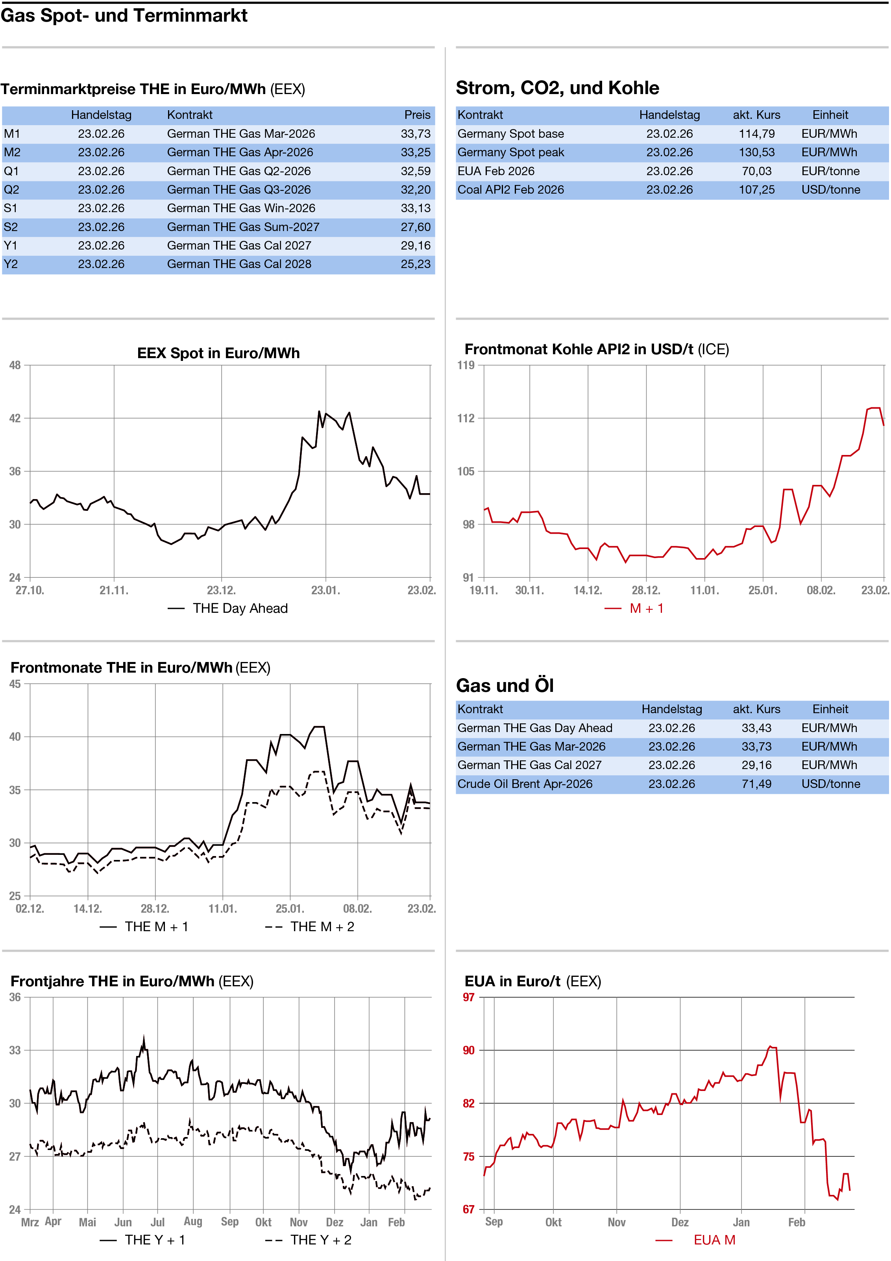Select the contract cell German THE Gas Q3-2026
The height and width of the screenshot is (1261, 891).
pyautogui.click(x=239, y=189)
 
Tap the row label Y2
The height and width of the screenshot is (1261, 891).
pyautogui.click(x=11, y=264)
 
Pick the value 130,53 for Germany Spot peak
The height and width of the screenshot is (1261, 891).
pyautogui.click(x=756, y=152)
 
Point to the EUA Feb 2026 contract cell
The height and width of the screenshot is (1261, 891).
pyautogui.click(x=495, y=171)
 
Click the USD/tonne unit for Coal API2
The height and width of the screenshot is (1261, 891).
pyautogui.click(x=830, y=189)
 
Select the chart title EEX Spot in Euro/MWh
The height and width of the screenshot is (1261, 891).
pyautogui.click(x=218, y=353)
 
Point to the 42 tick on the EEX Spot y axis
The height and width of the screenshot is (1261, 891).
pyautogui.click(x=15, y=418)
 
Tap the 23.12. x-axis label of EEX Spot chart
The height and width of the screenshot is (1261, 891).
pyautogui.click(x=221, y=590)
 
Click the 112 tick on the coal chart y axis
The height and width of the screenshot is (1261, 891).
pyautogui.click(x=466, y=418)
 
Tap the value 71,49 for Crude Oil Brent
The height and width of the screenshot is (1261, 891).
pyautogui.click(x=756, y=784)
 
